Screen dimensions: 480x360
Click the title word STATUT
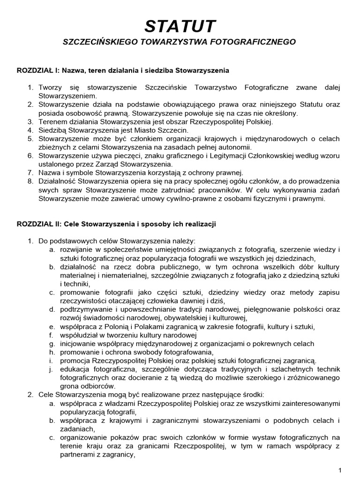[180, 26]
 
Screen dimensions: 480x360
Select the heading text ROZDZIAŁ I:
[38, 71]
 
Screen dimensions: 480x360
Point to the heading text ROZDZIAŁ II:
[39, 224]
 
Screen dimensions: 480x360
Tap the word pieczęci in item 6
[136, 156]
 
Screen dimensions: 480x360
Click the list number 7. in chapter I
[30, 172]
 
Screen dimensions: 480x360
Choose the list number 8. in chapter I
[30, 181]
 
